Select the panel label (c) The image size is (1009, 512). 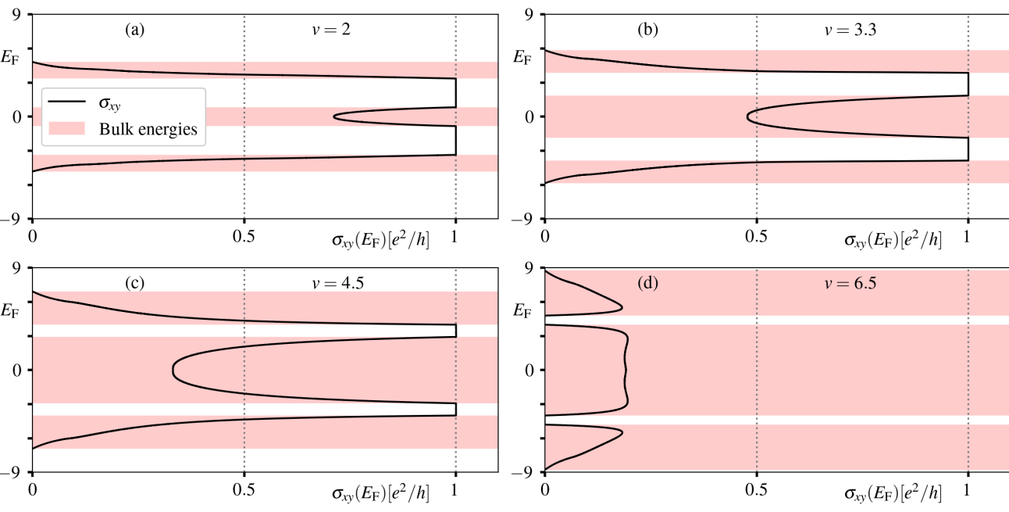coord(134,284)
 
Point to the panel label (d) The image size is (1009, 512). coord(647,284)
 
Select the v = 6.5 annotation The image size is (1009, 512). coord(841,284)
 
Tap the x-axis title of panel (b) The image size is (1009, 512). coord(893,240)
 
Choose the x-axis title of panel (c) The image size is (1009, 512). coord(380,493)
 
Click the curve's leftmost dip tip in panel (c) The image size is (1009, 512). coord(173,370)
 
